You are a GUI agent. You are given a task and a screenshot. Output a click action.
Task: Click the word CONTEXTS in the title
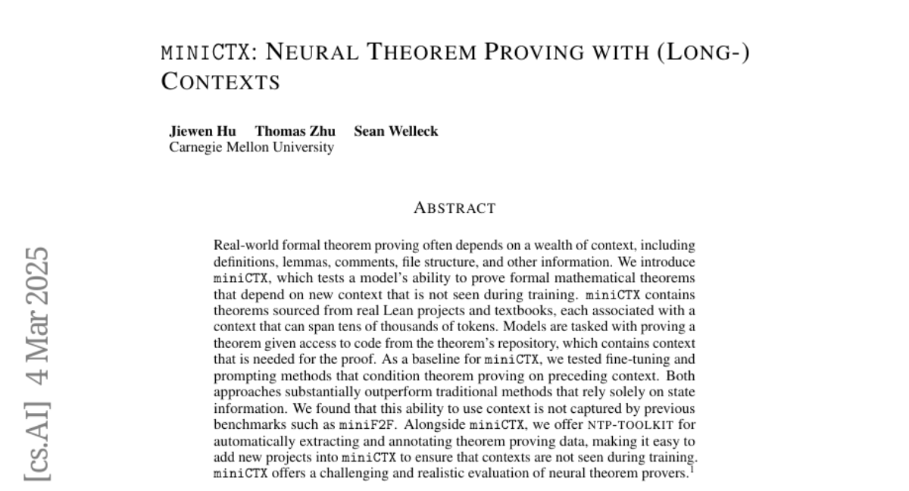(221, 82)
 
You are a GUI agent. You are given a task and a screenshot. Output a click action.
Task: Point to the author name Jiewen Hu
(202, 131)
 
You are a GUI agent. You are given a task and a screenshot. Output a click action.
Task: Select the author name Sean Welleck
(396, 131)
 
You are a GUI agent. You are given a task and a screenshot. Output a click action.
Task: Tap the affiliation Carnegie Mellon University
(251, 147)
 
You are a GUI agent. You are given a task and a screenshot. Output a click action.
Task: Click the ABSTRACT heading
(454, 208)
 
